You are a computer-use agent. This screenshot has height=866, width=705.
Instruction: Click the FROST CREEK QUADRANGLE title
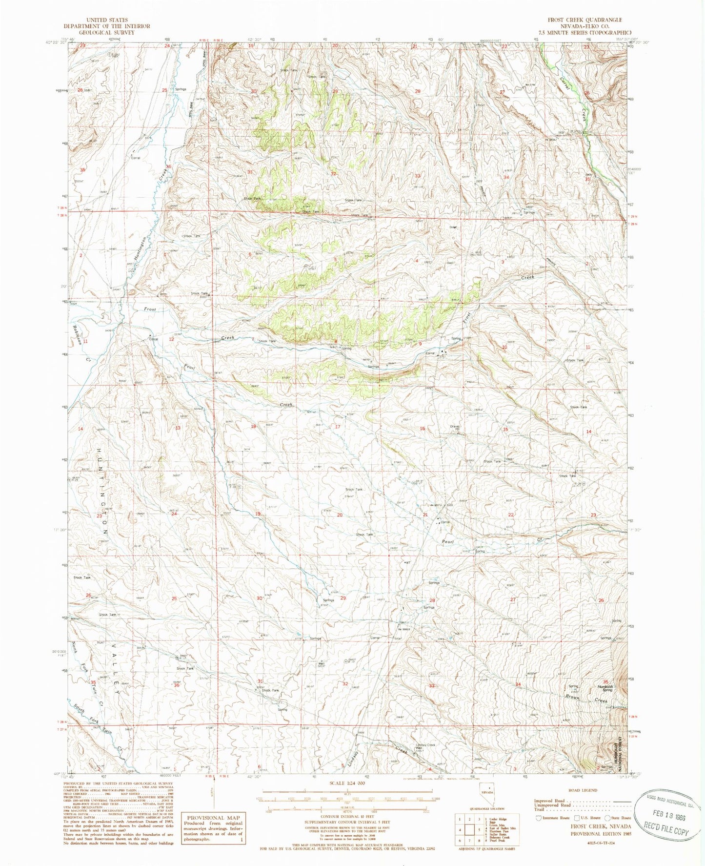584,20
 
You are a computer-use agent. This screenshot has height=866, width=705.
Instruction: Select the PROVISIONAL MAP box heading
213,817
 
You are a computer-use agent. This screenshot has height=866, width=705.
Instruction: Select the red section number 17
337,427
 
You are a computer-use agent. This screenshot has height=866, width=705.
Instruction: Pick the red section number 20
340,515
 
